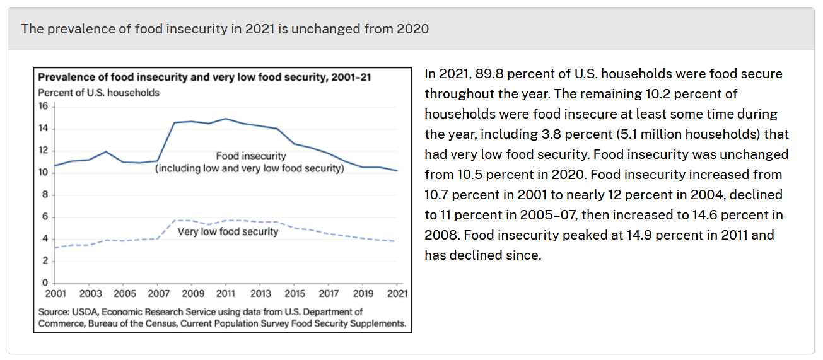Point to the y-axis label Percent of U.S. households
(99, 93)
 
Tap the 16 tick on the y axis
(44, 107)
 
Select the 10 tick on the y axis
(44, 173)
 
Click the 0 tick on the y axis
(45, 282)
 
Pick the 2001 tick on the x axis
(55, 294)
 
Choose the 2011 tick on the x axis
(226, 294)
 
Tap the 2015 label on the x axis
(295, 294)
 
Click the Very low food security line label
(228, 231)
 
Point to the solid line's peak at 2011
(226, 119)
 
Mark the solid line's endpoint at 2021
(397, 170)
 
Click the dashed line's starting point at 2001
(55, 247)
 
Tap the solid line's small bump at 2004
(106, 152)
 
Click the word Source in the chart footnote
(53, 312)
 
